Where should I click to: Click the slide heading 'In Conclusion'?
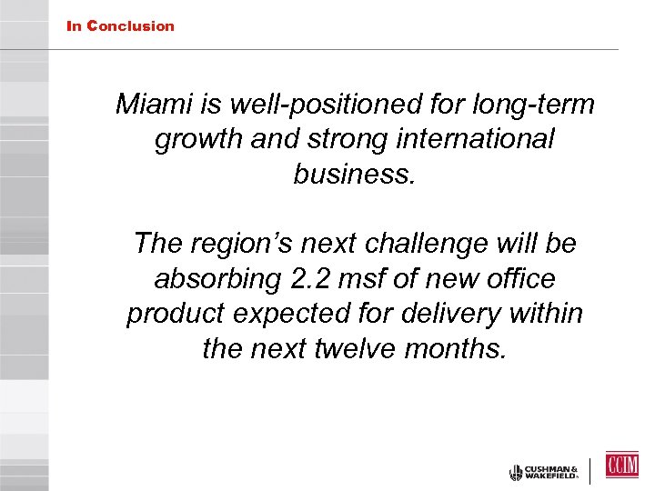pyautogui.click(x=120, y=26)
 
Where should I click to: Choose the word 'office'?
pyautogui.click(x=519, y=278)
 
